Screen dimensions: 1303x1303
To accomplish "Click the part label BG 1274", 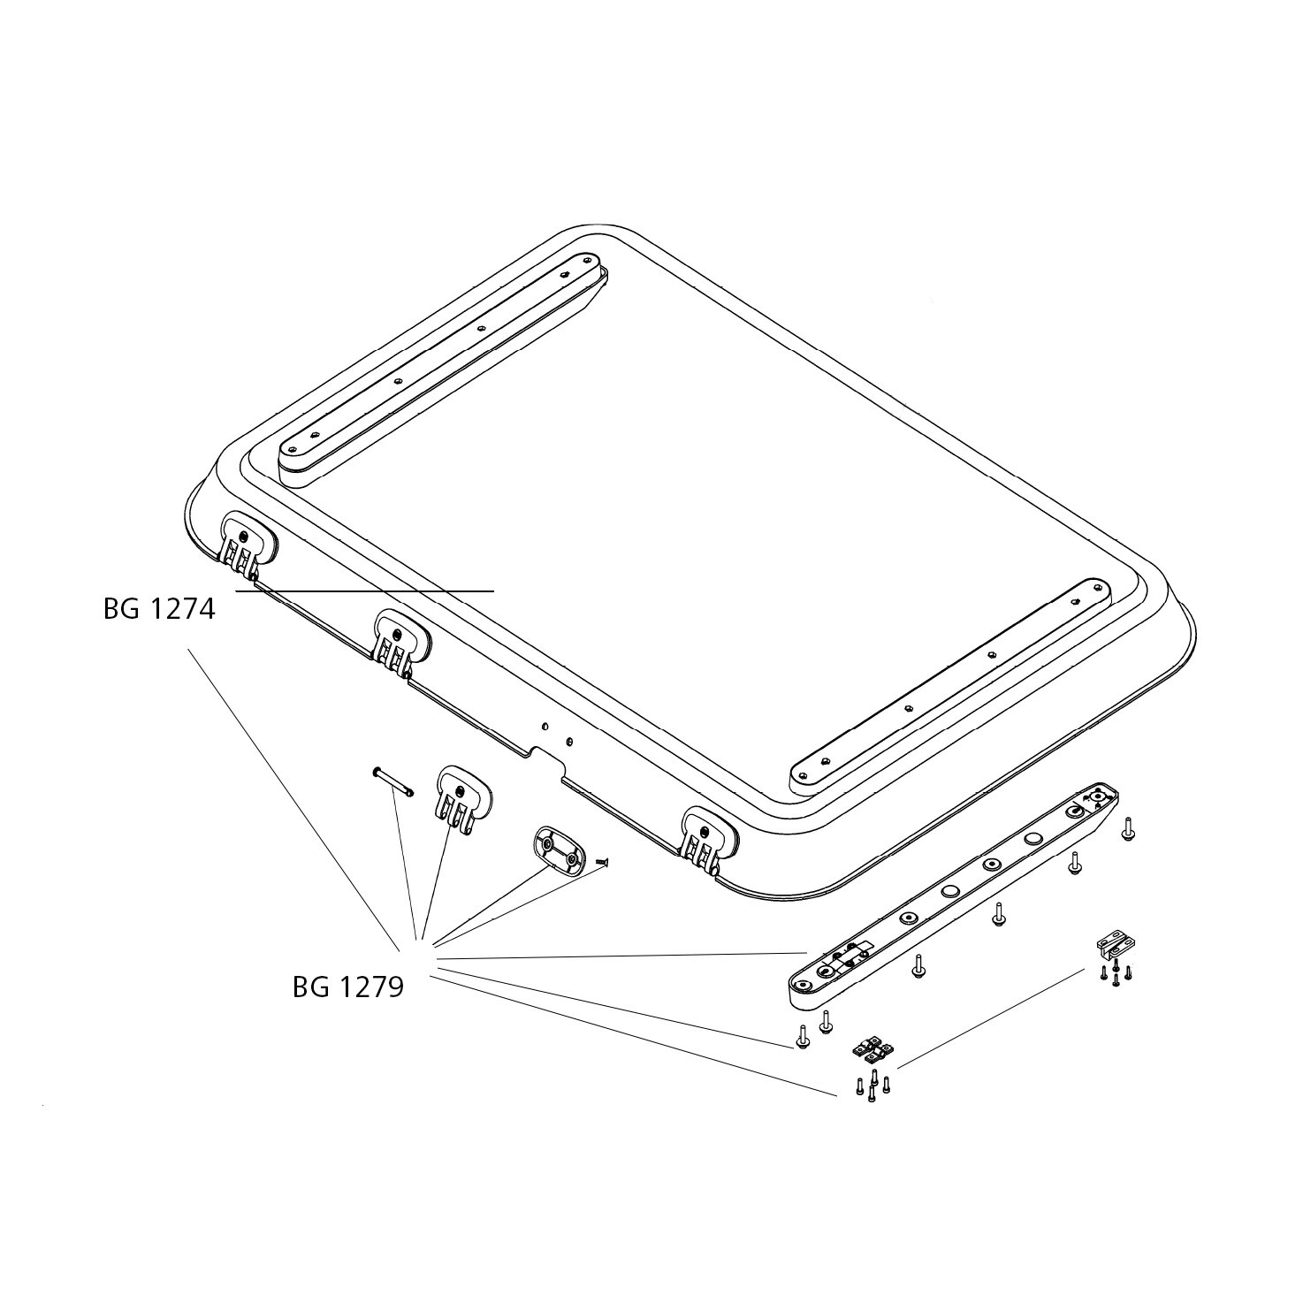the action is tap(159, 609).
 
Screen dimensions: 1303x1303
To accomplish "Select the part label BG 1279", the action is tap(348, 988).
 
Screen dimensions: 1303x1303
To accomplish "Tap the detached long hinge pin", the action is tap(392, 781).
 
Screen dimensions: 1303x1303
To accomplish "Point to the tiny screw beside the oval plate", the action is tap(602, 862).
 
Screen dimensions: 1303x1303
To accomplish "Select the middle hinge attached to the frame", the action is tap(402, 643).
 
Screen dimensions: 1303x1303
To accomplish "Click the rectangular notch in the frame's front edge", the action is tap(548, 758).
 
